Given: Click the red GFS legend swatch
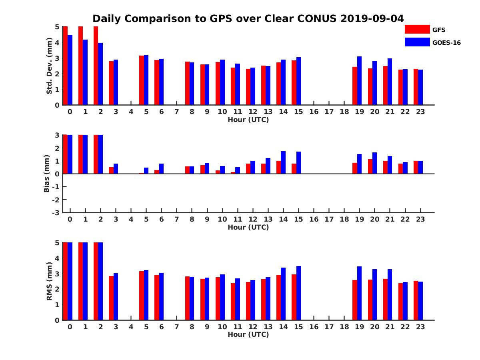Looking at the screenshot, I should pyautogui.click(x=417, y=29).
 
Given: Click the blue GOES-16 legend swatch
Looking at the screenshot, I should pyautogui.click(x=417, y=42).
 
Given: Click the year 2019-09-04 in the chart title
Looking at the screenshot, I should pyautogui.click(x=372, y=18).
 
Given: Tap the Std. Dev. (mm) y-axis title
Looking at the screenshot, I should pyautogui.click(x=50, y=66).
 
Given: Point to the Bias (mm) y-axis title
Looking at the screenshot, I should pyautogui.click(x=46, y=174).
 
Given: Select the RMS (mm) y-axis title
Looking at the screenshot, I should pyautogui.click(x=50, y=281).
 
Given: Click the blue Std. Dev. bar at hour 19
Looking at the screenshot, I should pyautogui.click(x=359, y=81).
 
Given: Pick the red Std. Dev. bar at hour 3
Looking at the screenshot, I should pyautogui.click(x=111, y=83).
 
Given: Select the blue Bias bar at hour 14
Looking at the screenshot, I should pyautogui.click(x=283, y=162).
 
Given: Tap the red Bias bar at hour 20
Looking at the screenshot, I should pyautogui.click(x=370, y=166).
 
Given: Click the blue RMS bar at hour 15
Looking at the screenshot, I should pyautogui.click(x=298, y=293).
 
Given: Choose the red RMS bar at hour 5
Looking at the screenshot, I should pyautogui.click(x=142, y=296).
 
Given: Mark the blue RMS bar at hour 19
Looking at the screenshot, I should pyautogui.click(x=359, y=293).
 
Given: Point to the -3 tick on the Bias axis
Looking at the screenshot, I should pyautogui.click(x=56, y=212).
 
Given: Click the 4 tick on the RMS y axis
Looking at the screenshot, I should pyautogui.click(x=57, y=258).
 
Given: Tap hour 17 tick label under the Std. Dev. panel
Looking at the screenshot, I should pyautogui.click(x=329, y=112).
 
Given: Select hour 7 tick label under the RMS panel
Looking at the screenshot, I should pyautogui.click(x=176, y=326).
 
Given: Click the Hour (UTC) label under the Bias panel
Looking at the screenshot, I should pyautogui.click(x=248, y=227).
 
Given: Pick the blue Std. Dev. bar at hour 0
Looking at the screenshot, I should pyautogui.click(x=70, y=70).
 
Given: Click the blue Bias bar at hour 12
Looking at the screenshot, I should pyautogui.click(x=253, y=167).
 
